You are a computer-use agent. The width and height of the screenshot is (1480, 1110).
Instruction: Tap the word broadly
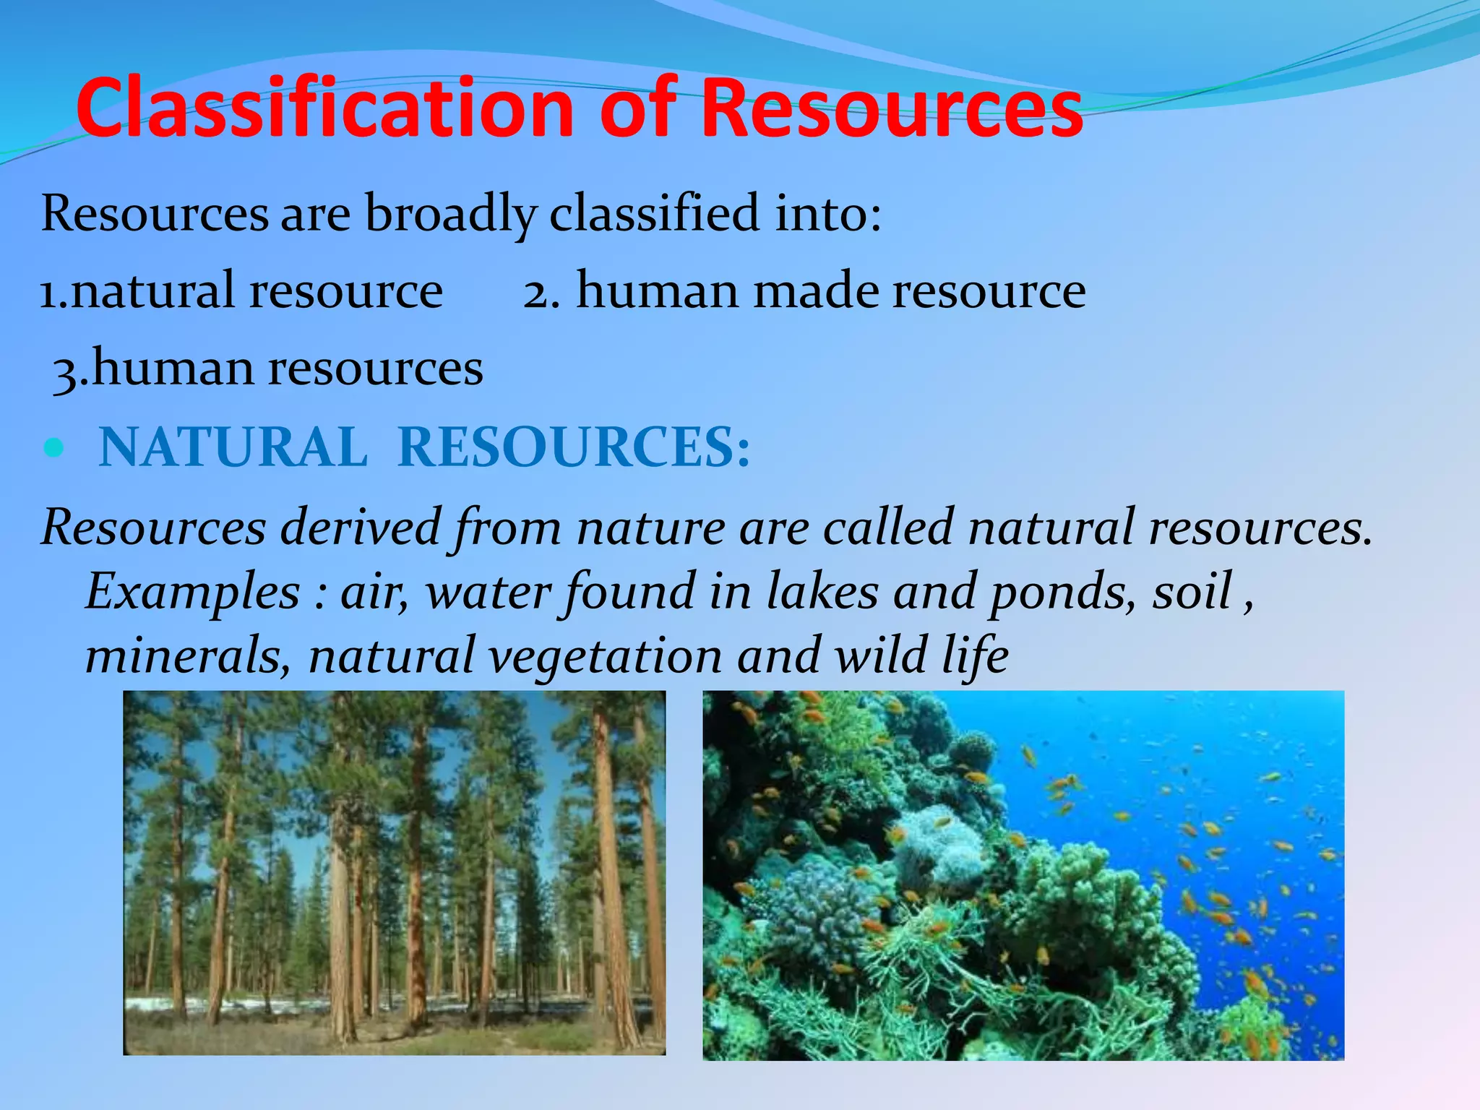(x=450, y=214)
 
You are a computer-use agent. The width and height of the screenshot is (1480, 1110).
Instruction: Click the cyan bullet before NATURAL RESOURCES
(x=53, y=449)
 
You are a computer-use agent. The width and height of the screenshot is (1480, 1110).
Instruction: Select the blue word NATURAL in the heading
(x=233, y=447)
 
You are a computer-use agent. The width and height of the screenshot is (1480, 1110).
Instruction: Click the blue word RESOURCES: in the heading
(x=574, y=447)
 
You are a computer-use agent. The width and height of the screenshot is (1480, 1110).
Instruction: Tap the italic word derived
(x=361, y=527)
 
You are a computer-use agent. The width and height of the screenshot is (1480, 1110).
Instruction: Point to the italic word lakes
(x=822, y=591)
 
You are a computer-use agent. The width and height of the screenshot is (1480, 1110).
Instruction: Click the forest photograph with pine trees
(x=394, y=872)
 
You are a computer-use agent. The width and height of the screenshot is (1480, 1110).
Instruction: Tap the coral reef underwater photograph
(x=1023, y=875)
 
